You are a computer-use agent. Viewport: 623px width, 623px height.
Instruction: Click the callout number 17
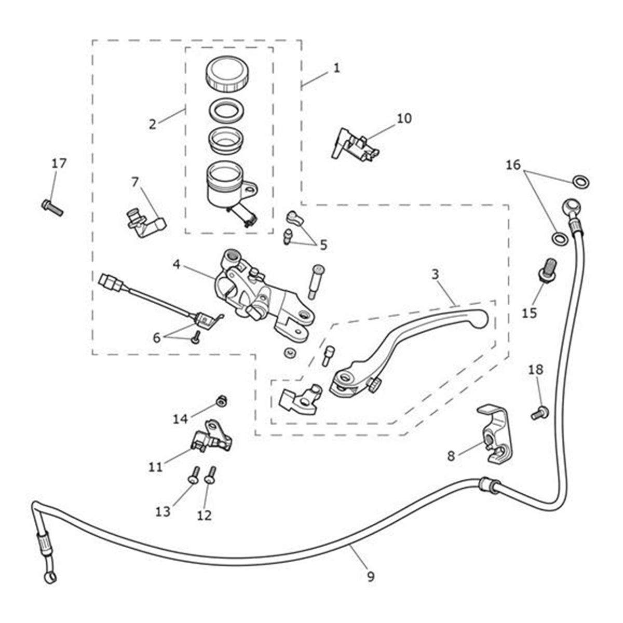click(59, 164)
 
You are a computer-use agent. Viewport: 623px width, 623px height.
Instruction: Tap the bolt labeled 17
click(51, 207)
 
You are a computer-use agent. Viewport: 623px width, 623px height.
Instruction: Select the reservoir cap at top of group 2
click(227, 74)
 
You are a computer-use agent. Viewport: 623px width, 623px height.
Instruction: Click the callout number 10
click(404, 118)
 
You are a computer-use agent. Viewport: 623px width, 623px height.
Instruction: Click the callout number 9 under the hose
click(370, 576)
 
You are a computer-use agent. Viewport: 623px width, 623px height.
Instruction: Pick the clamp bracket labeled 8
click(496, 434)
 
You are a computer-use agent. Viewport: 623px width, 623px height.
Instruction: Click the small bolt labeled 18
click(538, 414)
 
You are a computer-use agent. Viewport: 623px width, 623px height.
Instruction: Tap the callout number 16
click(513, 165)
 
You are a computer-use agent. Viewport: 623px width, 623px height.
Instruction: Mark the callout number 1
click(336, 67)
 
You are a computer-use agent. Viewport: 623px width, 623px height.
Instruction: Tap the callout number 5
click(323, 245)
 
